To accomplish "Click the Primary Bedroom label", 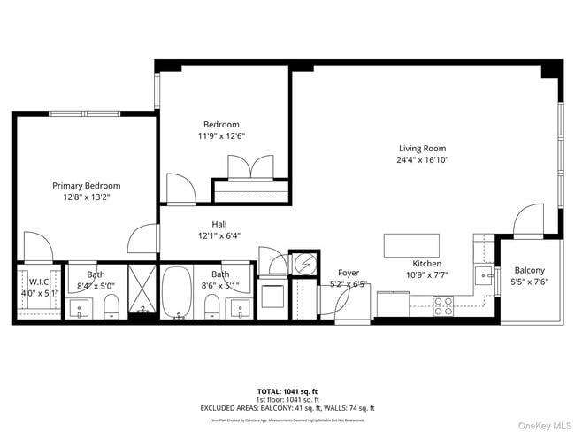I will pos(86,186).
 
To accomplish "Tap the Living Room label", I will pos(421,149).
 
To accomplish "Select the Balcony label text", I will pos(530,271).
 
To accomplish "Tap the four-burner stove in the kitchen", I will pos(443,305).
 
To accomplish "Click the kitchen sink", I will pos(484,274).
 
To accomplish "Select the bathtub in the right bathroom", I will pos(177,292).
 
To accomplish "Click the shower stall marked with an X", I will pos(142,291).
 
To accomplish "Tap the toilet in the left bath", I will pos(111,307).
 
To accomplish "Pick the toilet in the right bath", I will pos(212,307).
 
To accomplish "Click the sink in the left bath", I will pos(80,308).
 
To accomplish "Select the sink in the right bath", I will pos(239,308).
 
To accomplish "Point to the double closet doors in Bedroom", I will pos(251,167).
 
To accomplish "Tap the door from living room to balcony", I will pos(530,220).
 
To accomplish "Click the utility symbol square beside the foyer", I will pos(303,263).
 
